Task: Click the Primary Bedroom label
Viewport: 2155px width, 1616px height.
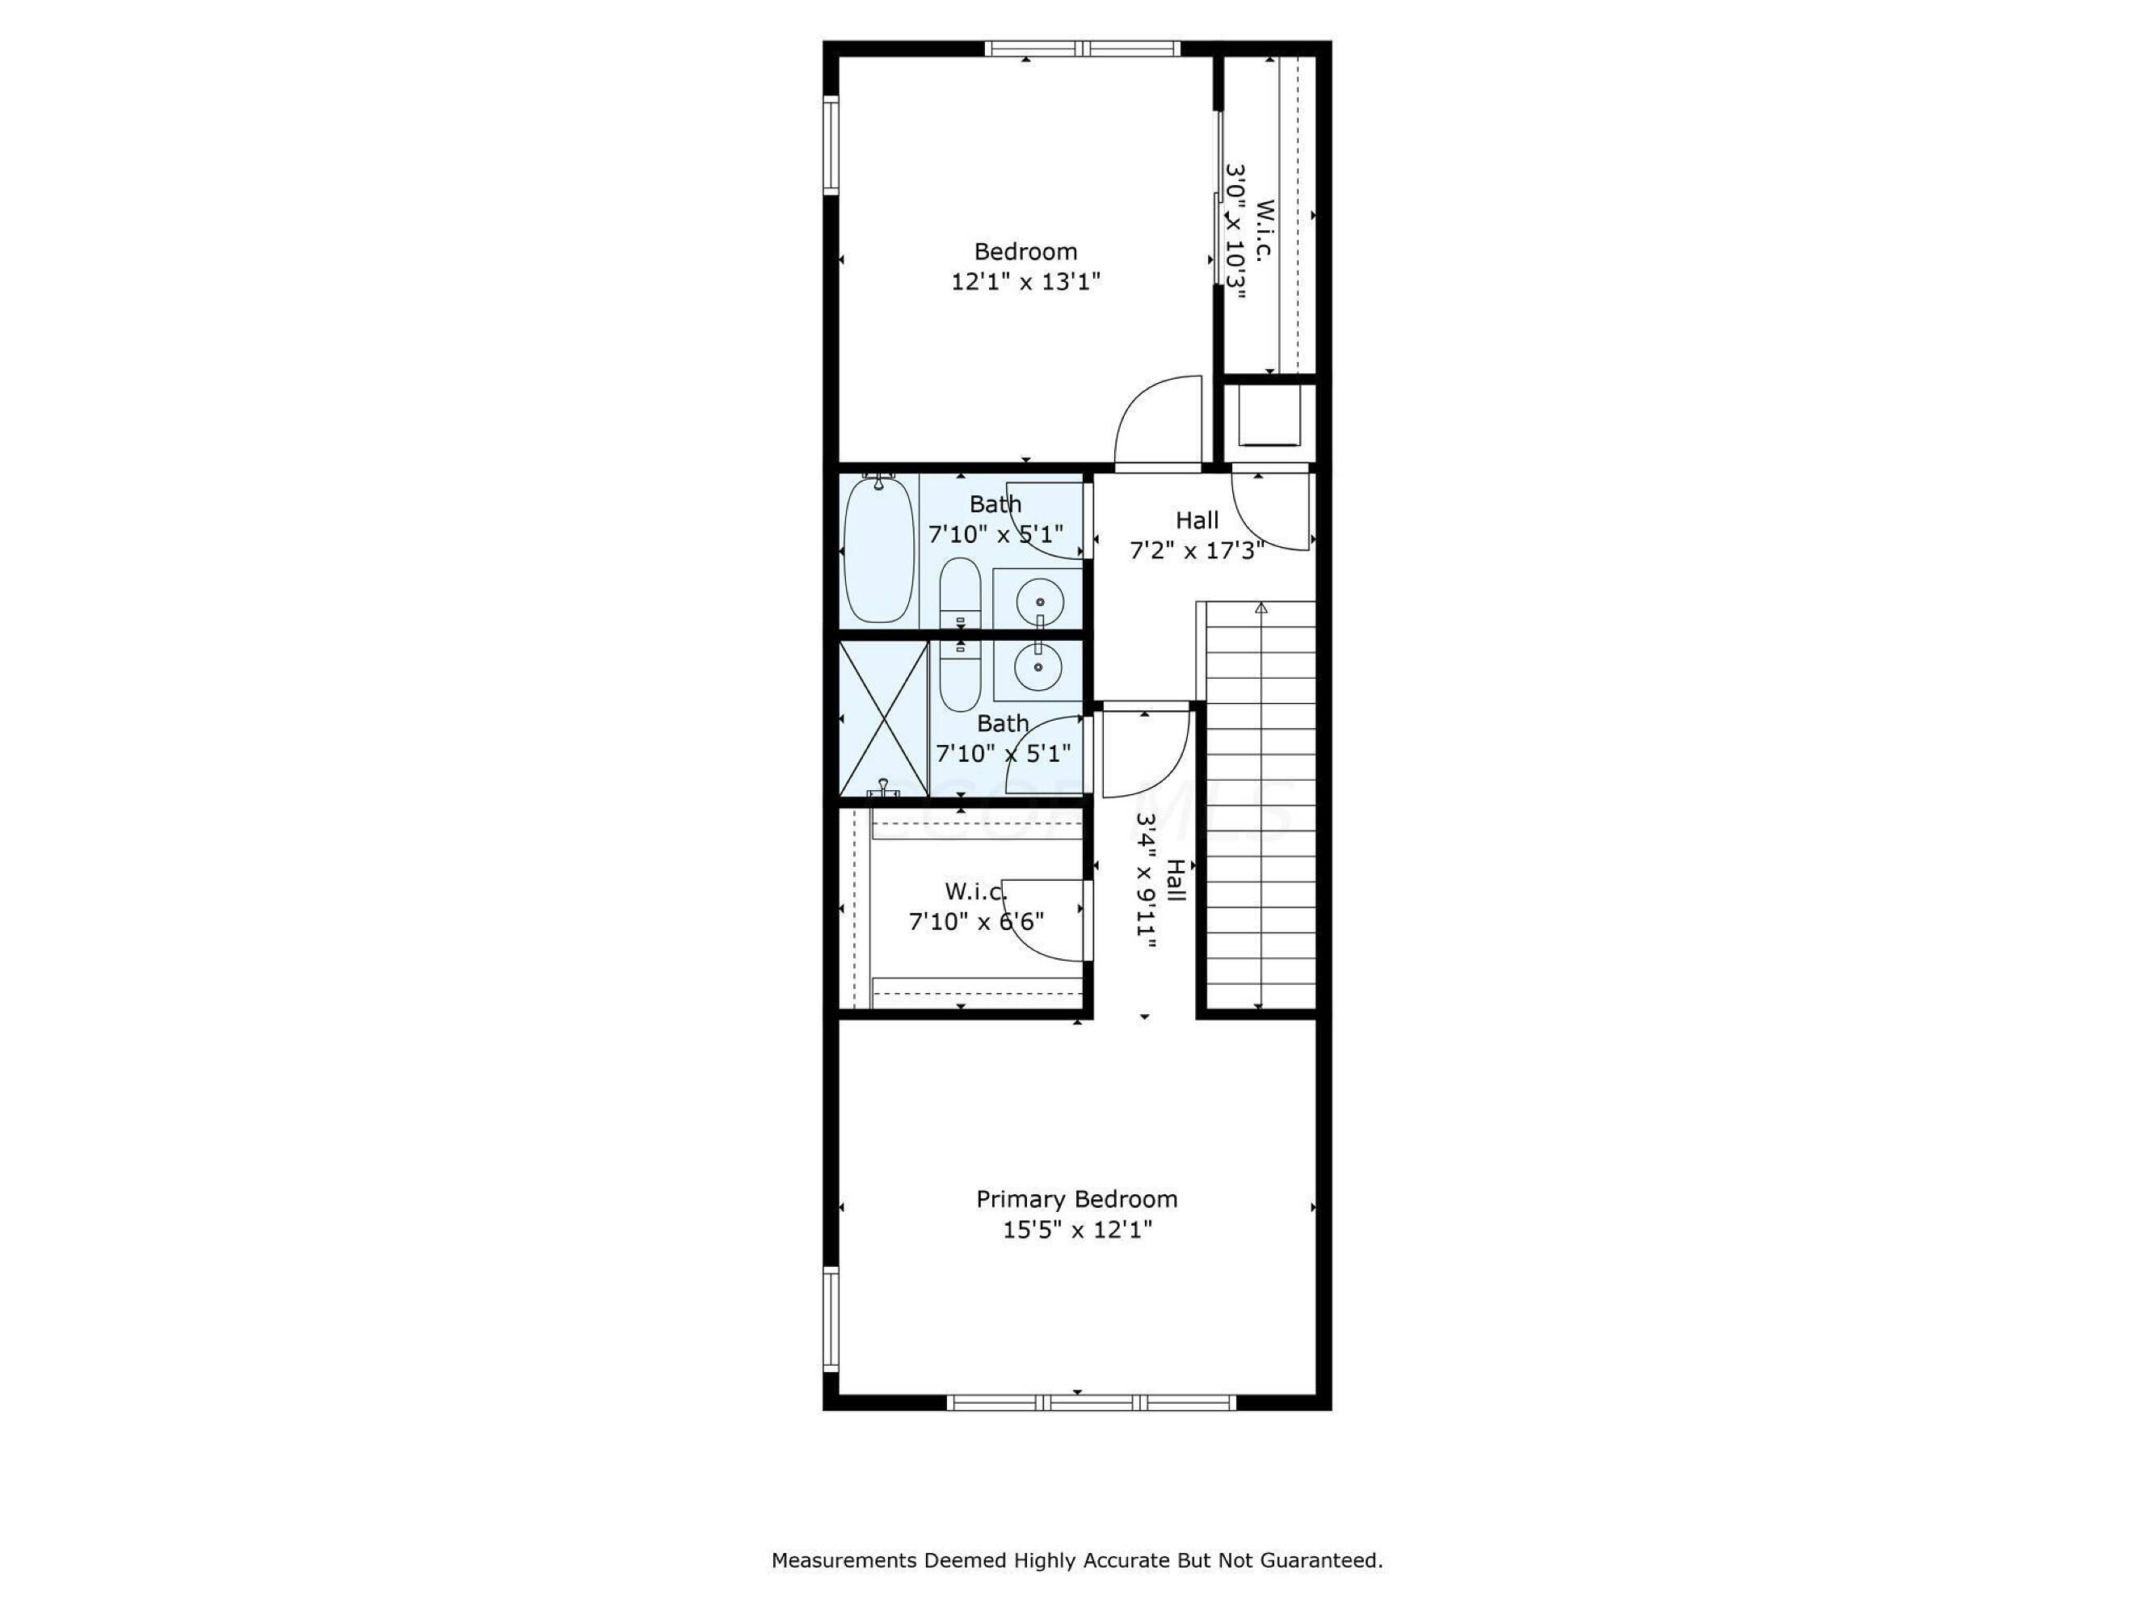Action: coord(1076,1199)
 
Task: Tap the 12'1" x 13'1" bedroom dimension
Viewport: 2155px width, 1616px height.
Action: coord(1026,281)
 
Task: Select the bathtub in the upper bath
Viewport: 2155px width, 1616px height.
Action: coord(879,549)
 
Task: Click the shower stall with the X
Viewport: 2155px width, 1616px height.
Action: coord(884,719)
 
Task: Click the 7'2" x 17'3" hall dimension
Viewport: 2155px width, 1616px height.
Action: coord(1197,550)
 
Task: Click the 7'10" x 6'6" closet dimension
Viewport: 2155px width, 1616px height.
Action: coord(976,920)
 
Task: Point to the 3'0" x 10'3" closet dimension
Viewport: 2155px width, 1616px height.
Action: coord(1235,231)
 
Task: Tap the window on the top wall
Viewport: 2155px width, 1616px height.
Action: coord(1081,48)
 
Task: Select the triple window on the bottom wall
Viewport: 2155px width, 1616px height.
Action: coord(1091,1403)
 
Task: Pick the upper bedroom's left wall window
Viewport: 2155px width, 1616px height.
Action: coord(831,145)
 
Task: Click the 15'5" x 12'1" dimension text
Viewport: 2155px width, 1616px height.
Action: coord(1078,1229)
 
